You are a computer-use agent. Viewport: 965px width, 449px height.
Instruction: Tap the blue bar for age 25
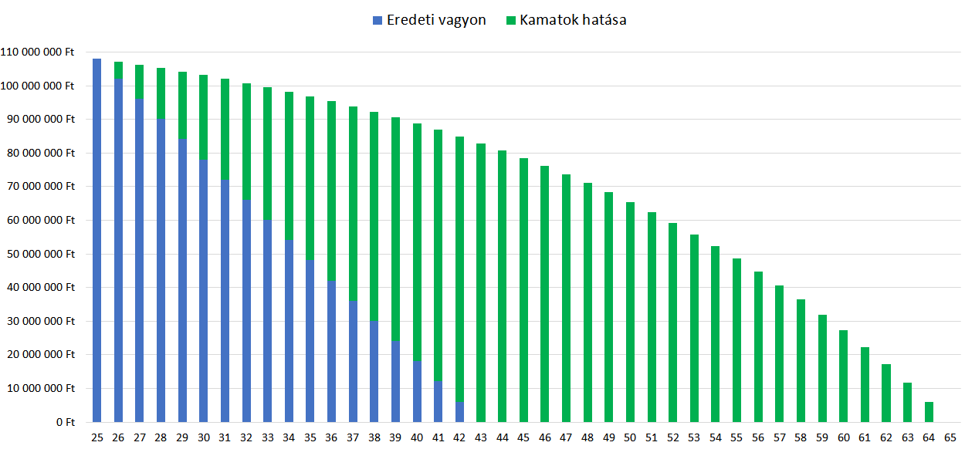coord(96,240)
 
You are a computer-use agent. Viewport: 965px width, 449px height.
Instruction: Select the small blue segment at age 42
coord(459,412)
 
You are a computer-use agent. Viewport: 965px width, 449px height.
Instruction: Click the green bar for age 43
coord(481,282)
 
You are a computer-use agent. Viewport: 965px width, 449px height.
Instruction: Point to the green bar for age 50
coord(630,312)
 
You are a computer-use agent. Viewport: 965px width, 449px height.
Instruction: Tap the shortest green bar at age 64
coord(929,412)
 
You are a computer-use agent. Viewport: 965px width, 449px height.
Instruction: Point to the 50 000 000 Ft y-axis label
coord(40,254)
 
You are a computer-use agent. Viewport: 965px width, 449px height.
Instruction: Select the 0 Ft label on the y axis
coord(63,422)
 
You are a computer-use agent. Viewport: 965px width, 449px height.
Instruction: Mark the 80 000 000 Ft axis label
coord(40,153)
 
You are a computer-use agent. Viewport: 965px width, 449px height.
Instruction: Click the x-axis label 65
coord(950,437)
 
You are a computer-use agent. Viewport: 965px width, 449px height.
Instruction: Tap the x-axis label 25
coord(96,437)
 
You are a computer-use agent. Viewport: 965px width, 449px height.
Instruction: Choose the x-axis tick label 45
coord(523,437)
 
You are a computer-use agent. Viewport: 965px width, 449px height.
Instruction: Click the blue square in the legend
coord(377,21)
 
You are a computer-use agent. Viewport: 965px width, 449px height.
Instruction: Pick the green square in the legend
coord(510,21)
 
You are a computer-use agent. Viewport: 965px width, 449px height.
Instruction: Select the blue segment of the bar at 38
coord(374,371)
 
